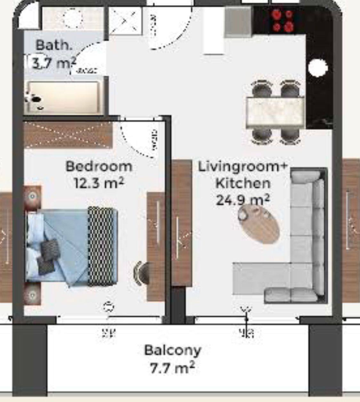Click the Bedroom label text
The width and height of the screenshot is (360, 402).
pos(99,167)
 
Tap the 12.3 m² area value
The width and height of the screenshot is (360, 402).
pos(99,184)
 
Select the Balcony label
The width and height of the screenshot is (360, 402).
pos(172,350)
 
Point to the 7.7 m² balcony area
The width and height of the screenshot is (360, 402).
pos(172,368)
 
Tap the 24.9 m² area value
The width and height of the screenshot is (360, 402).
pos(243,201)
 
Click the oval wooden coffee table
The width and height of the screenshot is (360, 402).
pos(259,224)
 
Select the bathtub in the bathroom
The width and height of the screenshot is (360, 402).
pos(64,97)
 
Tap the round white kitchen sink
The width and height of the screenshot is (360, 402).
pos(317,68)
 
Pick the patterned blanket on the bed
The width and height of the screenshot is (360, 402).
pos(101,246)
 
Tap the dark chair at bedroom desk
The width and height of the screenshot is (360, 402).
pos(141,273)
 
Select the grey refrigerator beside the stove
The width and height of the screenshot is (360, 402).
pos(238,21)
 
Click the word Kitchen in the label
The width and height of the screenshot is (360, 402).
pos(243,184)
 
